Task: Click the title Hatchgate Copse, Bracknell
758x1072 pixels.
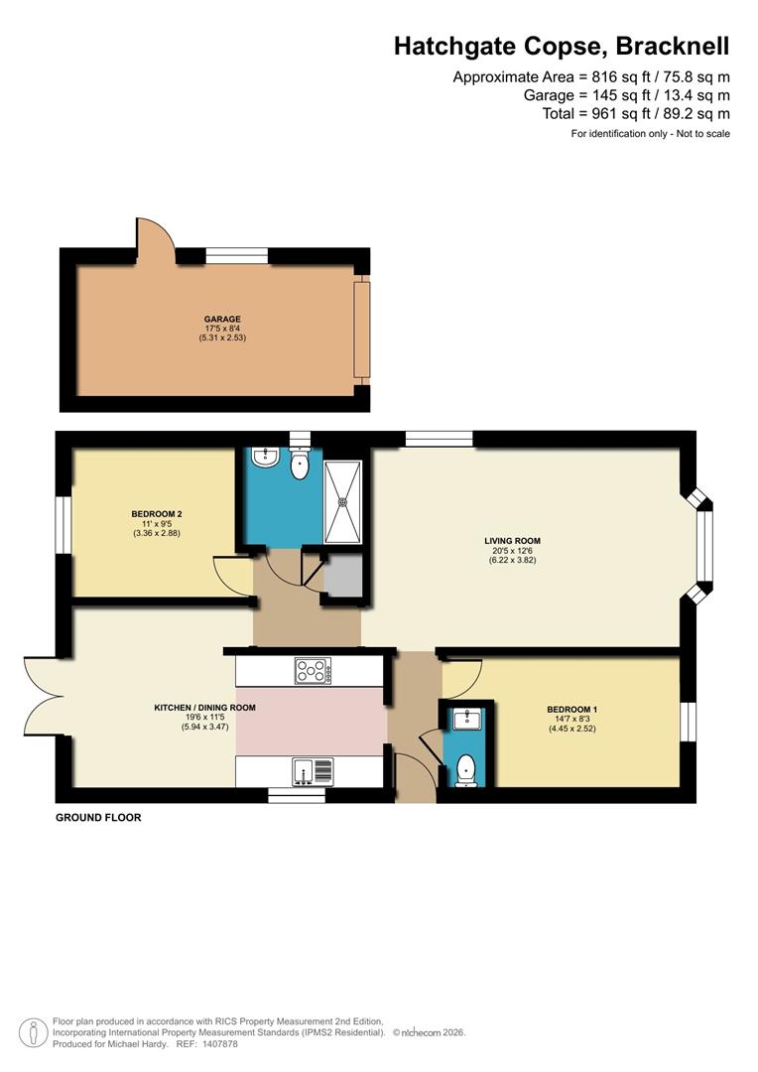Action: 562,46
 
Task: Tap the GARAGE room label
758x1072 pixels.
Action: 223,320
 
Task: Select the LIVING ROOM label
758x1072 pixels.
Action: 512,541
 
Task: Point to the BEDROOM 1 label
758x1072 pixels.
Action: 571,710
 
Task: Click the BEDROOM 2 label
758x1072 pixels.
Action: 156,514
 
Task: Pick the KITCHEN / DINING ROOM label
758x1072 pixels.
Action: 204,708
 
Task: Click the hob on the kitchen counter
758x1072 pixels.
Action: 313,672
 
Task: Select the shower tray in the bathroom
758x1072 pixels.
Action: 343,501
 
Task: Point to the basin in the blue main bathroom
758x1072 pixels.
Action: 265,458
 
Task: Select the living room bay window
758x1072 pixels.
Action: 703,544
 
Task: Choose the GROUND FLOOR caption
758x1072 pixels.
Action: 98,818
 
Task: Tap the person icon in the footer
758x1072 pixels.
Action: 35,1031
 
